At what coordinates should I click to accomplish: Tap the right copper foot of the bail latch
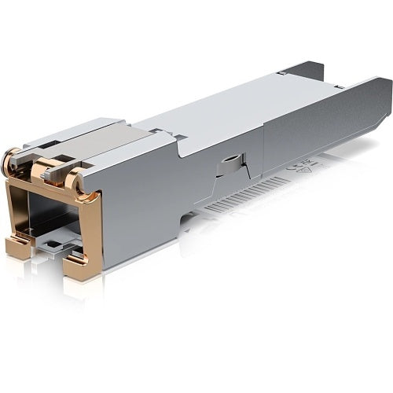pyautogui.click(x=80, y=266)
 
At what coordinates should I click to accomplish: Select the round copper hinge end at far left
pyautogui.click(x=10, y=162)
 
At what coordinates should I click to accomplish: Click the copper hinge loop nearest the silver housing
pyautogui.click(x=74, y=182)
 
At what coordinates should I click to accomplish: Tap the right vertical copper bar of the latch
pyautogui.click(x=94, y=228)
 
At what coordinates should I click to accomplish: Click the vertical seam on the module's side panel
pyautogui.click(x=263, y=149)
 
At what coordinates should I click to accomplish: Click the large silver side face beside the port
pyautogui.click(x=141, y=204)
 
